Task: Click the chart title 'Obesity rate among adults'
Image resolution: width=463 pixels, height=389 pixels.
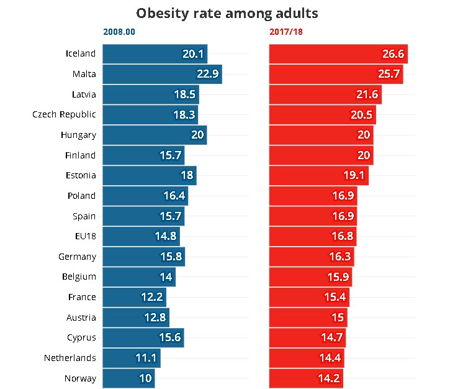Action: [231, 13]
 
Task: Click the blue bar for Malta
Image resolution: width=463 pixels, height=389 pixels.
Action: [161, 75]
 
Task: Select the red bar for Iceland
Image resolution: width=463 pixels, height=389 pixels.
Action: [338, 54]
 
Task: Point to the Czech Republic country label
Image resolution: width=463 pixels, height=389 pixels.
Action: [64, 114]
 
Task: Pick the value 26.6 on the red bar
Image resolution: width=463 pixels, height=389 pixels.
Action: [392, 54]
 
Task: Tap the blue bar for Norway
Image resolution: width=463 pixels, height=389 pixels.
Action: [128, 378]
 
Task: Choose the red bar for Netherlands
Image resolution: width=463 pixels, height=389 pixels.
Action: [306, 358]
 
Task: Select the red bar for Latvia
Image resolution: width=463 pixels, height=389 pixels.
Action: [325, 94]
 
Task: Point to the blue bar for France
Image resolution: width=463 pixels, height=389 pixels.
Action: [134, 297]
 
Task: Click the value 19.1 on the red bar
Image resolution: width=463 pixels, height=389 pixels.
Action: [354, 175]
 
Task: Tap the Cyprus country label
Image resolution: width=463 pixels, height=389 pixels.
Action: [81, 337]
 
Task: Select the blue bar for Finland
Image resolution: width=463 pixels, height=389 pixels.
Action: [142, 155]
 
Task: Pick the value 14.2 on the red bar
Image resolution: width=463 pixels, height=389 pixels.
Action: [330, 378]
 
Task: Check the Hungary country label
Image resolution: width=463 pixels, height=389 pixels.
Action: [78, 135]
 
